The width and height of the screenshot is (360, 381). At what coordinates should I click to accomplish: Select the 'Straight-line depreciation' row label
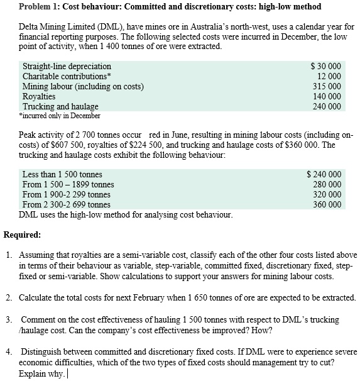point(67,66)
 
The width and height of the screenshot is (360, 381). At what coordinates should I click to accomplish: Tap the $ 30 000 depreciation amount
point(326,66)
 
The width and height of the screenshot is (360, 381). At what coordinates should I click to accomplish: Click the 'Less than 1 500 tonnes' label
point(62,174)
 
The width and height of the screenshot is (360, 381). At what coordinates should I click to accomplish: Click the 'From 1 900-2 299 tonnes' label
point(66,194)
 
